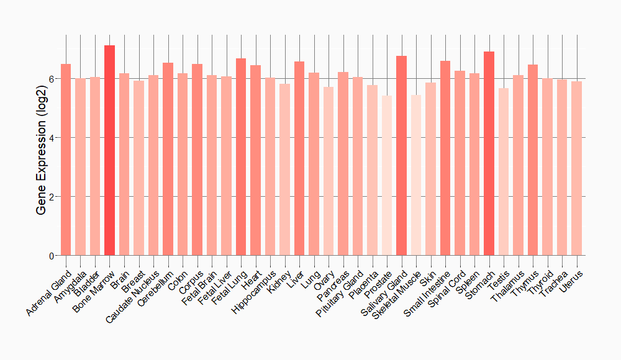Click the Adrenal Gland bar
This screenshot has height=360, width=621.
click(66, 160)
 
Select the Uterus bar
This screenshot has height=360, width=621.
click(576, 168)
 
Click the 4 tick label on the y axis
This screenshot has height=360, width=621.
click(52, 138)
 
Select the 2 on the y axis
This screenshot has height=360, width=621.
click(52, 197)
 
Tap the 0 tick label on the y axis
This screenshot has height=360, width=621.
click(52, 256)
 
